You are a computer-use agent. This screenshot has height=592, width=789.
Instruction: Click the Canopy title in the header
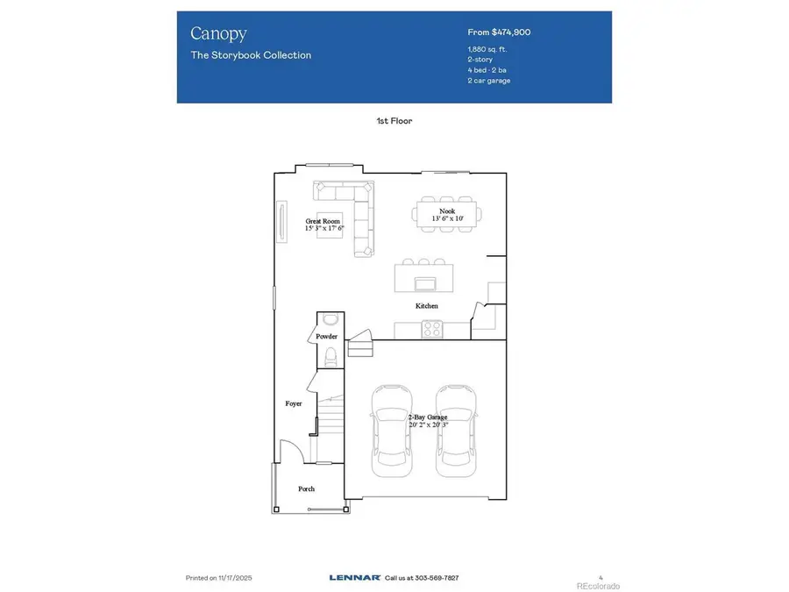click(218, 34)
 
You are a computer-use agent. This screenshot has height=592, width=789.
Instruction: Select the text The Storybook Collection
click(251, 55)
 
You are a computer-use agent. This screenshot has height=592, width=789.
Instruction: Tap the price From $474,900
click(499, 32)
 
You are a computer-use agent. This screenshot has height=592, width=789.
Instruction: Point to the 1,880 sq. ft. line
click(487, 49)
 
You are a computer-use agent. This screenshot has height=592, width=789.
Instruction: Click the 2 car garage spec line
click(489, 81)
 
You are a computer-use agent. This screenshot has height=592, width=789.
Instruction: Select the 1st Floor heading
click(394, 121)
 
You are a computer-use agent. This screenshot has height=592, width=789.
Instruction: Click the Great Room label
click(323, 222)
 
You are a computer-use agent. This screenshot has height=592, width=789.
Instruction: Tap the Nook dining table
click(446, 215)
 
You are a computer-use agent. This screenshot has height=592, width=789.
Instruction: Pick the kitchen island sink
click(426, 282)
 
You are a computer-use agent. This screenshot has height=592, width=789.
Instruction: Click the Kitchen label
click(427, 306)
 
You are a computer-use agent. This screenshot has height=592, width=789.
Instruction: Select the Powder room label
click(326, 336)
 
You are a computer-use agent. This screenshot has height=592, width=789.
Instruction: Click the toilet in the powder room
click(331, 356)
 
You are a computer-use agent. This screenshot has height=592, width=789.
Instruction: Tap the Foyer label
click(294, 403)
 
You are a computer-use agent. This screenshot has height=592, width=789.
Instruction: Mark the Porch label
click(305, 489)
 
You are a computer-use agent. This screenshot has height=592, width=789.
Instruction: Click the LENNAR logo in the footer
click(354, 578)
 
